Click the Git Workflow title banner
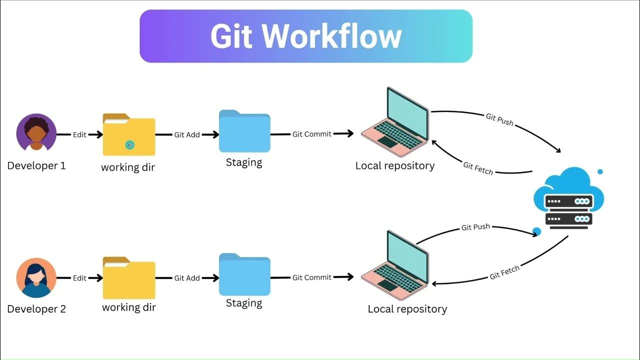(x=305, y=36)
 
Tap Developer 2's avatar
(x=36, y=278)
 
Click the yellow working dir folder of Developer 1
(x=129, y=136)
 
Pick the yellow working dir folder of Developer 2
(x=129, y=278)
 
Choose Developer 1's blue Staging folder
(x=244, y=132)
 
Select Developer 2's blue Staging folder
(x=244, y=275)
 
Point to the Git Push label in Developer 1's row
(x=499, y=119)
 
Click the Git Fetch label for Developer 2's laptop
(x=504, y=272)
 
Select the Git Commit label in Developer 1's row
(x=312, y=134)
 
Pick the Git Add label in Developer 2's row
(x=187, y=278)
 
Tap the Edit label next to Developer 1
(x=79, y=135)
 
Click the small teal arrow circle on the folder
(x=130, y=145)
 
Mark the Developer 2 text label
(x=36, y=309)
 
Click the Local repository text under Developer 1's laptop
(x=395, y=165)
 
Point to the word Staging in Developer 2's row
(x=244, y=303)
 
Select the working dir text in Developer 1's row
(x=128, y=167)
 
